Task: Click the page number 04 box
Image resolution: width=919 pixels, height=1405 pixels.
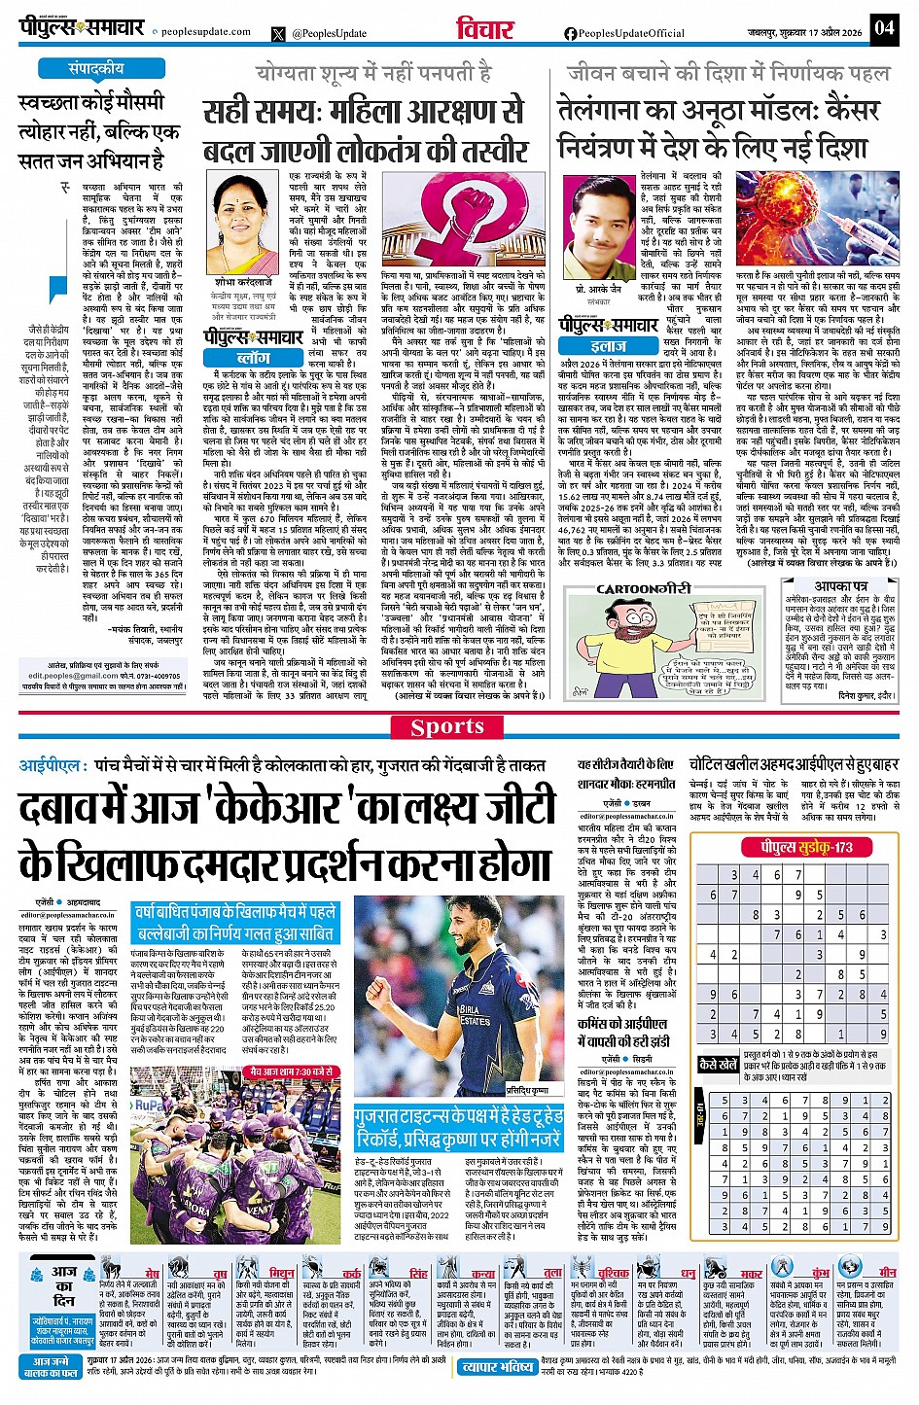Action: coord(883,26)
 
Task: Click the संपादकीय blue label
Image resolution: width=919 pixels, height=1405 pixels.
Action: coord(95,69)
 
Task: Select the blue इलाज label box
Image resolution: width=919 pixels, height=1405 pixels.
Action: coord(608,345)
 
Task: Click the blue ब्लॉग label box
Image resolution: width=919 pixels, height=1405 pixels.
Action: coord(253,358)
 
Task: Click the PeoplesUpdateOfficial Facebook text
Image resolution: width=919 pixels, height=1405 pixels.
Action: coord(631,33)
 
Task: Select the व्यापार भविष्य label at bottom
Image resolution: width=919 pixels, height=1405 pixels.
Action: coord(498,1367)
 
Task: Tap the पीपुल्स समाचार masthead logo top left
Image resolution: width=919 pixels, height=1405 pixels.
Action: coord(82,27)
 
